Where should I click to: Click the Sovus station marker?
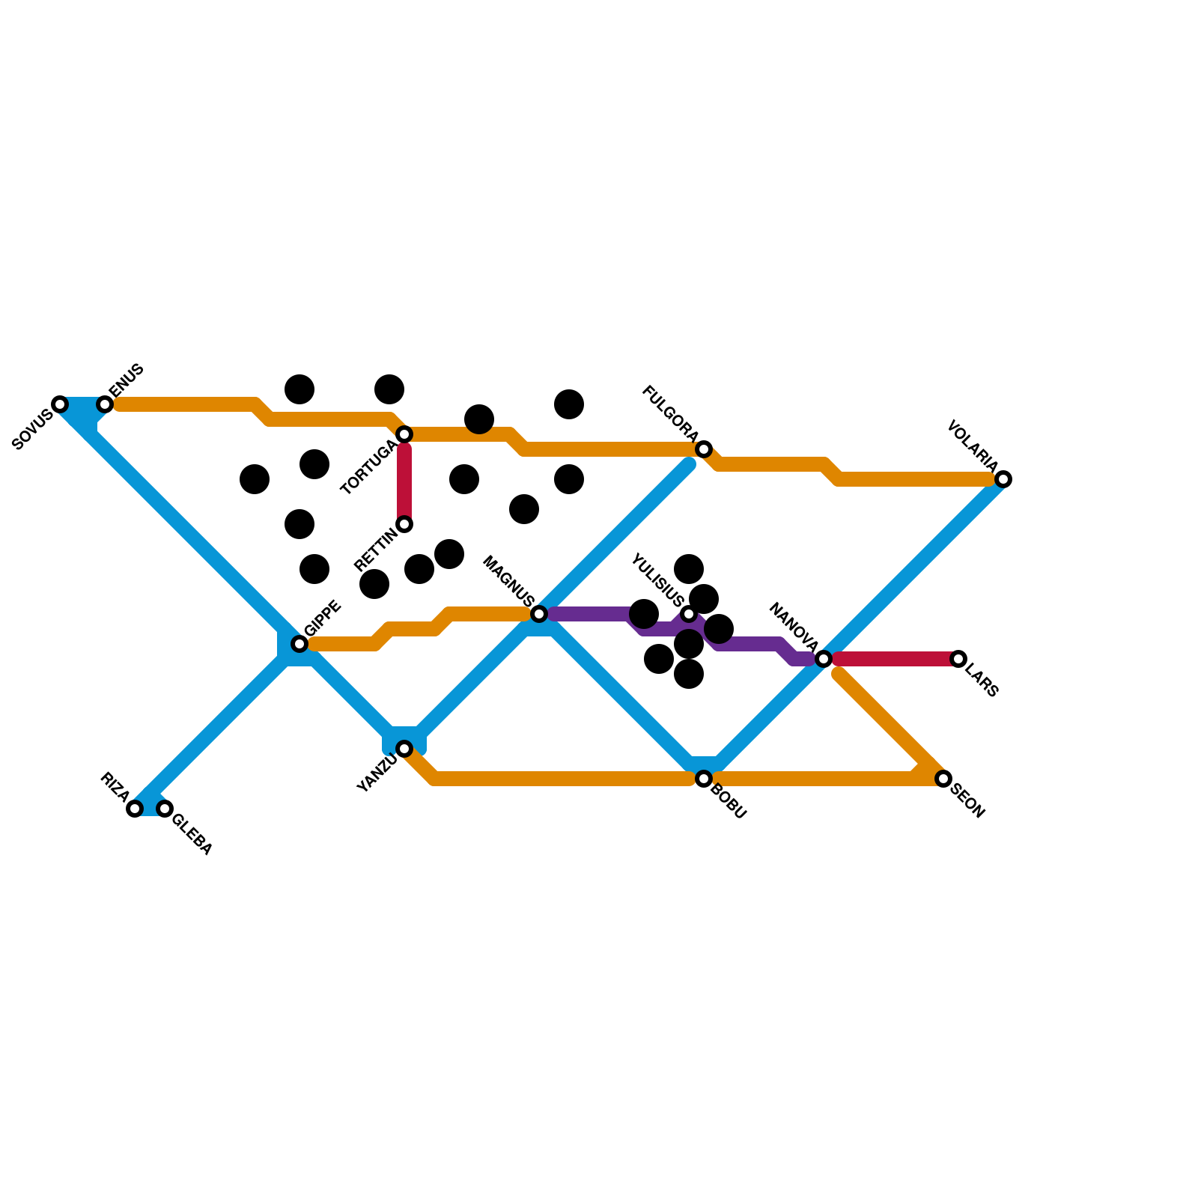pyautogui.click(x=60, y=404)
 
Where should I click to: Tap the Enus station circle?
pyautogui.click(x=105, y=404)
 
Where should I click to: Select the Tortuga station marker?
pyautogui.click(x=404, y=434)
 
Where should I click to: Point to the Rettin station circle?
pyautogui.click(x=404, y=524)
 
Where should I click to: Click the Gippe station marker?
pyautogui.click(x=299, y=644)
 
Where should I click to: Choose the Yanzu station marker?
pyautogui.click(x=404, y=749)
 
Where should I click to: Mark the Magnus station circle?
pyautogui.click(x=539, y=614)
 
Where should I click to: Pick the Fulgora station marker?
pyautogui.click(x=704, y=449)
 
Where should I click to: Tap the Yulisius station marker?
pyautogui.click(x=689, y=614)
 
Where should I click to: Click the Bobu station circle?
pyautogui.click(x=704, y=779)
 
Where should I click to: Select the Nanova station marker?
pyautogui.click(x=824, y=659)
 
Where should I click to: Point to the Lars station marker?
pyautogui.click(x=958, y=659)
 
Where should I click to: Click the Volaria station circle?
pyautogui.click(x=1003, y=479)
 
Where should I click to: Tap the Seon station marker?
pyautogui.click(x=943, y=779)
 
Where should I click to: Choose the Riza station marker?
pyautogui.click(x=135, y=809)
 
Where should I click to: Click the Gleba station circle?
pyautogui.click(x=165, y=809)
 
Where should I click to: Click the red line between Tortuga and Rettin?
pyautogui.click(x=404, y=479)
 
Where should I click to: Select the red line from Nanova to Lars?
pyautogui.click(x=891, y=659)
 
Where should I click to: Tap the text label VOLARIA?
pyautogui.click(x=972, y=446)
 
